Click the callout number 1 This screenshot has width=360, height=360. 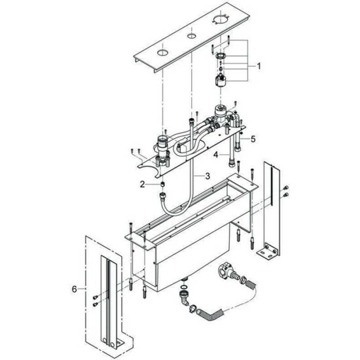point(259,66)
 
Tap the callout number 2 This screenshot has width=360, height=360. point(142,184)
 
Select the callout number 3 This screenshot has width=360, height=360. point(207,176)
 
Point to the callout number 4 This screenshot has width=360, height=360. point(215,154)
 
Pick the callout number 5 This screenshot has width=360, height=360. point(253,139)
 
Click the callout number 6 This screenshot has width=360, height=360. point(74,289)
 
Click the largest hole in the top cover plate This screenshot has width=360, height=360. point(221,20)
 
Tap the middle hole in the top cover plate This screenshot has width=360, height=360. point(191,36)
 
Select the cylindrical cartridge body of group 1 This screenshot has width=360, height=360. point(221,81)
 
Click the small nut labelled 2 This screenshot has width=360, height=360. point(162,184)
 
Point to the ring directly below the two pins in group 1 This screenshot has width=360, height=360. point(221,56)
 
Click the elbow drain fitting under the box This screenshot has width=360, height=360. point(185,298)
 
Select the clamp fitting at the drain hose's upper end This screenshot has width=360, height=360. point(227,271)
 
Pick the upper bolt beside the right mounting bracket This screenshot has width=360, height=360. point(286,188)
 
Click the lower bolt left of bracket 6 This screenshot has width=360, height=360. point(95,304)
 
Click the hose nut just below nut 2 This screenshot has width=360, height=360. point(162,196)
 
